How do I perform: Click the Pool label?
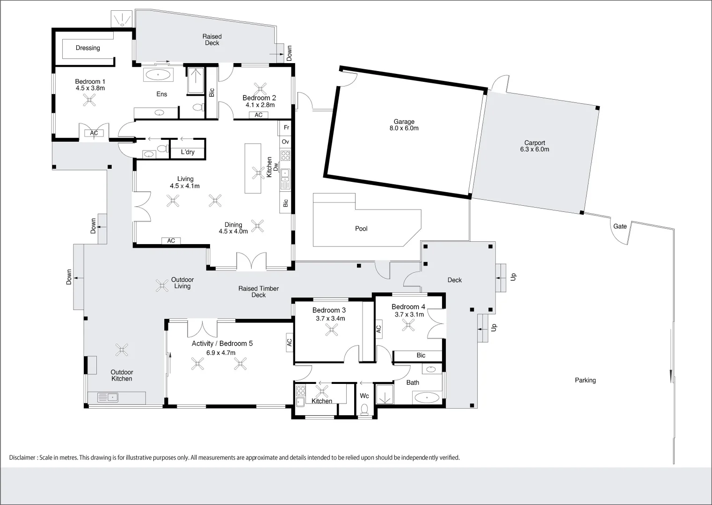361,229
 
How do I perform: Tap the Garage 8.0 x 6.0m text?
404,125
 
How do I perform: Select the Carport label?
535,143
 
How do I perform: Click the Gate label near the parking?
620,226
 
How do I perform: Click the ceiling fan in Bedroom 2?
260,89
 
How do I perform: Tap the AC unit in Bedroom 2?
258,115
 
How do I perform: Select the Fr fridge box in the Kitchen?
285,128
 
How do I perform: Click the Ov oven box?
285,142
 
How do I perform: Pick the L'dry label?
188,152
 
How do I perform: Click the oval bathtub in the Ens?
158,75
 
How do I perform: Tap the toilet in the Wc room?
364,409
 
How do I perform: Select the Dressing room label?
88,48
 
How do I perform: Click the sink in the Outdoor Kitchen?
108,397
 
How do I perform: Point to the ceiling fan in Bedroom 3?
332,330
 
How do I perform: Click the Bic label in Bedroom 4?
421,355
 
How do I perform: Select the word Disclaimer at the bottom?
22,458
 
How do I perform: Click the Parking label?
585,381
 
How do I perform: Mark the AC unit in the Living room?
171,241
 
